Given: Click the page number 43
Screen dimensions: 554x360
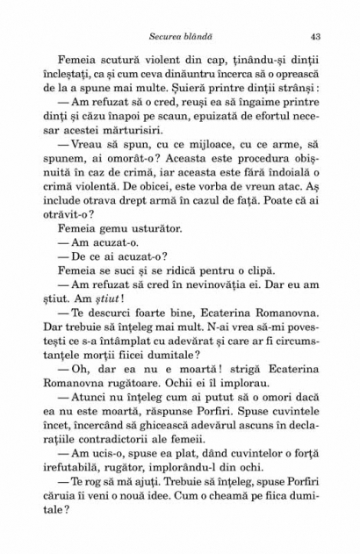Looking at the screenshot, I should tap(313, 36).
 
